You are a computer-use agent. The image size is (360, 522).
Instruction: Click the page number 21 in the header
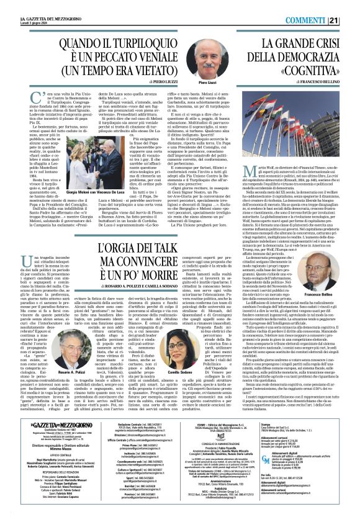351,5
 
